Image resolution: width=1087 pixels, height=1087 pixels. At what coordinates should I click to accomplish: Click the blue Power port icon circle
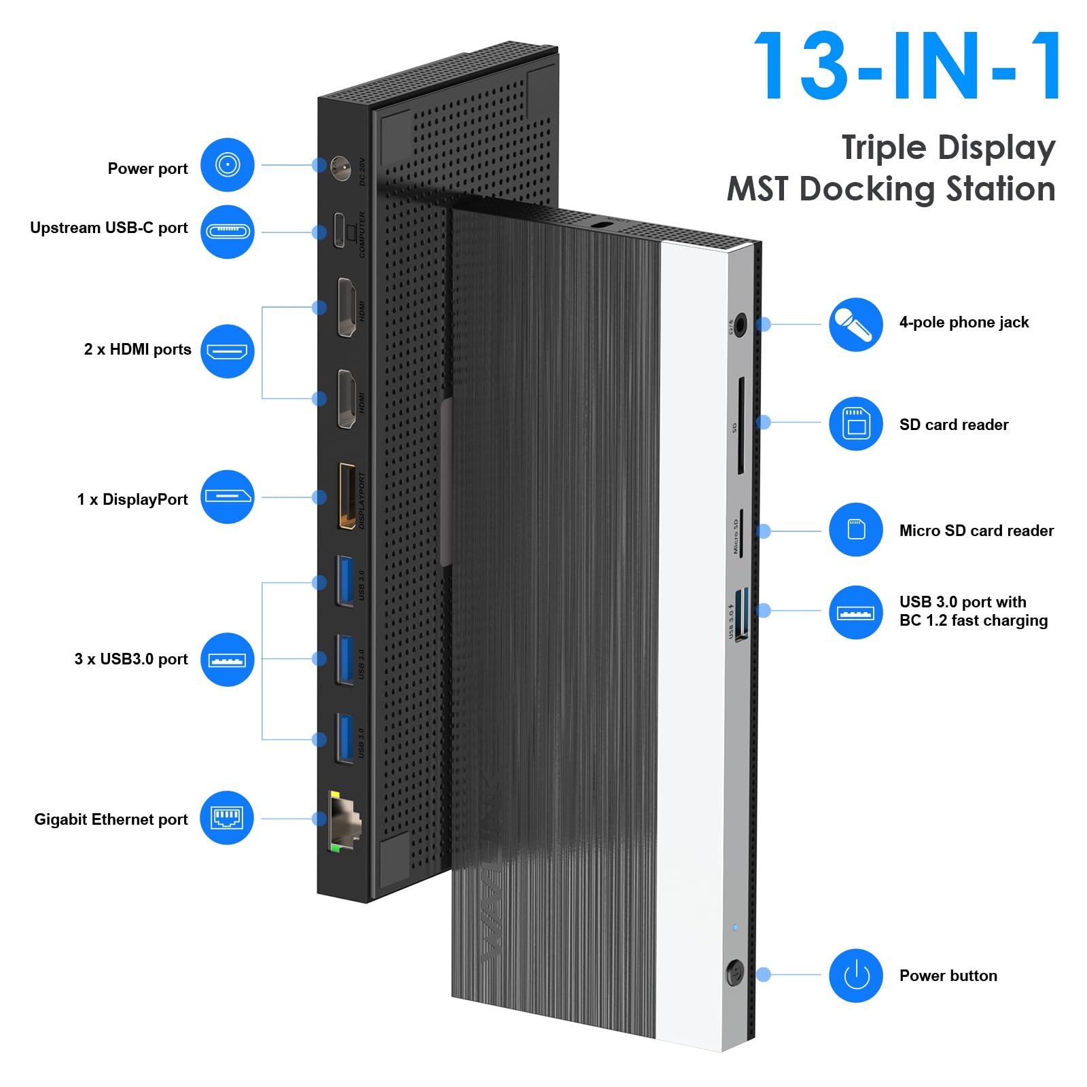(x=227, y=165)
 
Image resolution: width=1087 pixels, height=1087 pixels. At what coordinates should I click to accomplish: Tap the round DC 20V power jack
(x=340, y=166)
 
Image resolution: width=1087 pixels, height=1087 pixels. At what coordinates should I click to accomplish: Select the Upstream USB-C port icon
(x=227, y=232)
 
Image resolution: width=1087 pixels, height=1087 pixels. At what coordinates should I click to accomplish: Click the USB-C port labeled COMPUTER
(x=340, y=230)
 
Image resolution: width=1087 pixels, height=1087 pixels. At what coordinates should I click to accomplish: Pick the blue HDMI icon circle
(x=227, y=351)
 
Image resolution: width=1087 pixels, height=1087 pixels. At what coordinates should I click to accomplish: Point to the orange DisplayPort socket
(x=347, y=496)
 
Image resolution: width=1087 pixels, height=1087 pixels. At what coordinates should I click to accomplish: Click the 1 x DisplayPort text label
(x=132, y=499)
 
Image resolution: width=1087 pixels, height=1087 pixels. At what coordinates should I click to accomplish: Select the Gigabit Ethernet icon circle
(x=227, y=818)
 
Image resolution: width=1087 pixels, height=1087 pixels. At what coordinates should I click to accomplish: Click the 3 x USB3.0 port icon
(x=227, y=659)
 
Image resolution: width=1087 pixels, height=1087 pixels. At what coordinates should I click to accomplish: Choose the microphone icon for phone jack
(x=855, y=325)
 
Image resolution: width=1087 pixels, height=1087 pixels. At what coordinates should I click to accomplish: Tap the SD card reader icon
(x=855, y=424)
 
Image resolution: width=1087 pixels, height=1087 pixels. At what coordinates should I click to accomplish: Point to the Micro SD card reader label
(x=976, y=531)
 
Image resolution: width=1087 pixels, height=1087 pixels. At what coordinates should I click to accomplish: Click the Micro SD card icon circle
(x=855, y=530)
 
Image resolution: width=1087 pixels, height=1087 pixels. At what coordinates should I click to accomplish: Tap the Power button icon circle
(x=855, y=976)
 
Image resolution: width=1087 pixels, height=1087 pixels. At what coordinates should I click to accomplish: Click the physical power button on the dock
(x=735, y=974)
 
